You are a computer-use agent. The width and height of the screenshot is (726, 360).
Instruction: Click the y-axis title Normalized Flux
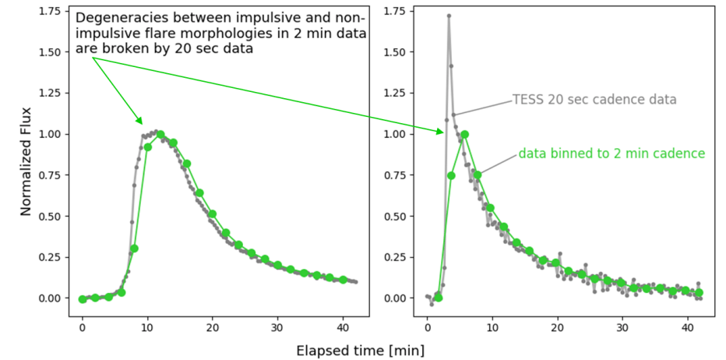(25, 161)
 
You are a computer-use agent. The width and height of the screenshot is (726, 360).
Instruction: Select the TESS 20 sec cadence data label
(594, 100)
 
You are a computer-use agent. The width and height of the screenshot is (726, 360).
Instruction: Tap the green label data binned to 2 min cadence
(611, 154)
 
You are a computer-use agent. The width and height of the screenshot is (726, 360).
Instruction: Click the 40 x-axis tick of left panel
(343, 328)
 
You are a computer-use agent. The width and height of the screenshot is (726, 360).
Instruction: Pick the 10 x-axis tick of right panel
(491, 328)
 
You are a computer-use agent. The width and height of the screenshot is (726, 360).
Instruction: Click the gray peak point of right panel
(449, 16)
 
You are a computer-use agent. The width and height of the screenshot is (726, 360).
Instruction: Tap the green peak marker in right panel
(464, 134)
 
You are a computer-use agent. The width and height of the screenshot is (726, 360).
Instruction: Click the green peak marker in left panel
(160, 134)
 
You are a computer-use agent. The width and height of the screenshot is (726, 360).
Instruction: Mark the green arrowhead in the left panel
(140, 122)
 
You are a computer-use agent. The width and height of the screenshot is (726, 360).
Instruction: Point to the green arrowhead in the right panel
(442, 131)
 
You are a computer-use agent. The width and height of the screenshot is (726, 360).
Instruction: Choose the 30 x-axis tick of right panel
(622, 328)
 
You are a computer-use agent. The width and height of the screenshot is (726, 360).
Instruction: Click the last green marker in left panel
(343, 280)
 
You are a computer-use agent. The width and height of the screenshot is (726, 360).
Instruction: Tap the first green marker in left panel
(83, 299)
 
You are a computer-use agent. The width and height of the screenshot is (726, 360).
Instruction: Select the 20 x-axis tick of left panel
(213, 328)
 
